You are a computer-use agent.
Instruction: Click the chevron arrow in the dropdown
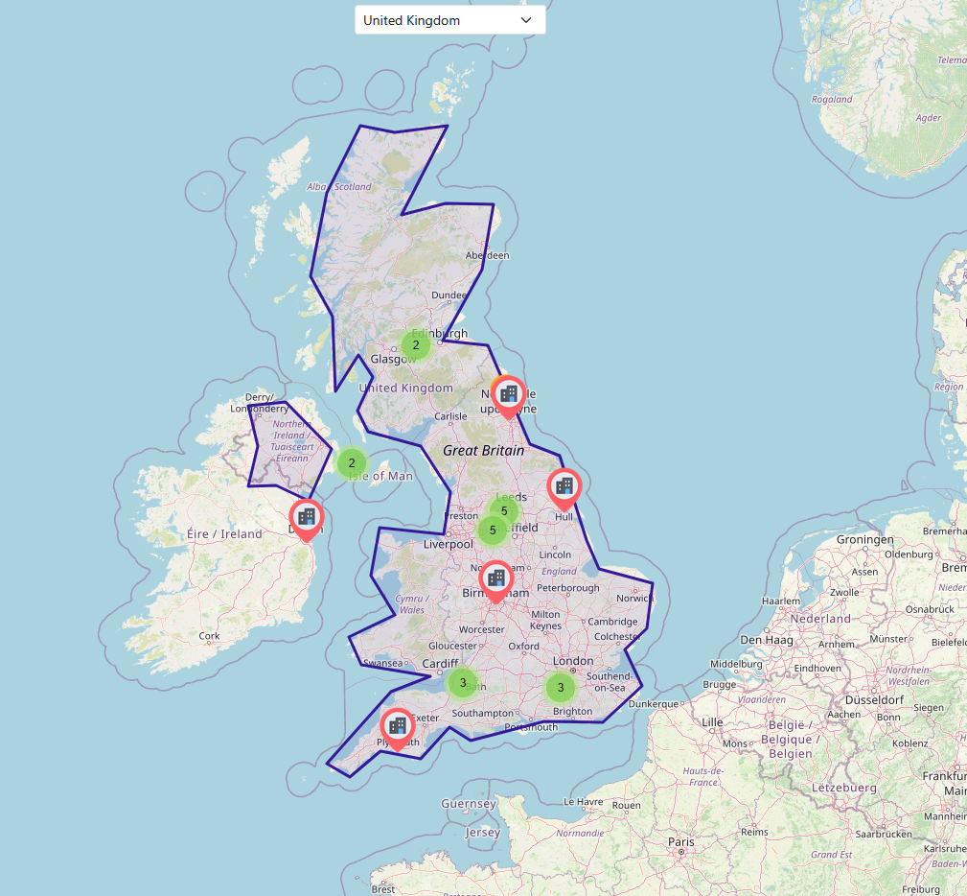click(x=525, y=20)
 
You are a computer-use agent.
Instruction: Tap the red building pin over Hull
click(x=564, y=486)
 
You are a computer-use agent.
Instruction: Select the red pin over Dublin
click(x=307, y=517)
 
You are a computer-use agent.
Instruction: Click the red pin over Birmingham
click(x=495, y=578)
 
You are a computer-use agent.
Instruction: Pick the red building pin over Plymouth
click(x=397, y=725)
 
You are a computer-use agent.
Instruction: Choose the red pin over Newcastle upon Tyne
click(x=509, y=393)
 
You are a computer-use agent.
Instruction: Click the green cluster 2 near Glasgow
click(x=416, y=344)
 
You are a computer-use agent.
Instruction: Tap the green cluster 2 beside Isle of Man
click(x=352, y=463)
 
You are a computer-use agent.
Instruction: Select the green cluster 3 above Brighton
click(x=561, y=687)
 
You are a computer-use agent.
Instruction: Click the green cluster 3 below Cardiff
click(x=463, y=683)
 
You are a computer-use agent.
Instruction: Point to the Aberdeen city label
click(x=487, y=255)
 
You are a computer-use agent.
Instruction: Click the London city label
click(x=573, y=661)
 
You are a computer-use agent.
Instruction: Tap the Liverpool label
click(x=449, y=544)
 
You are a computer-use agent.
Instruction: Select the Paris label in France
click(x=680, y=840)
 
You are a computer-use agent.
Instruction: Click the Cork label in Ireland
click(x=209, y=635)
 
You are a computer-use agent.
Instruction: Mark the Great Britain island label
click(x=484, y=450)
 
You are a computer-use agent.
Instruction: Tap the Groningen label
click(x=864, y=539)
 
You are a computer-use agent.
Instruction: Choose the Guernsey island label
click(x=469, y=803)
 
